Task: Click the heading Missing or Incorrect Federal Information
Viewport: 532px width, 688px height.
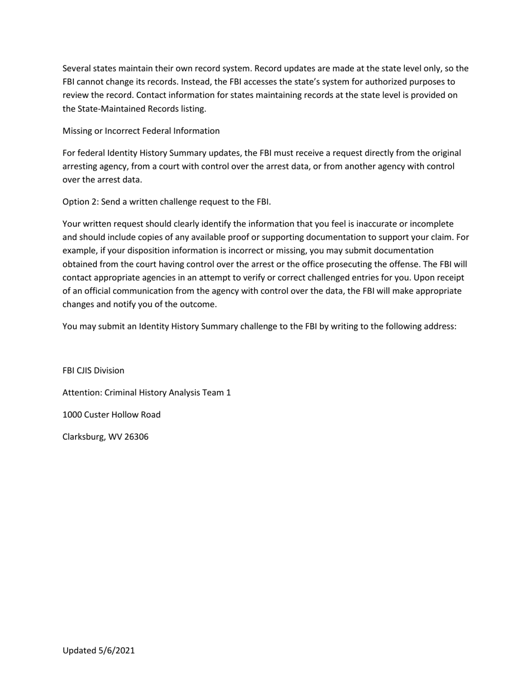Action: click(x=141, y=131)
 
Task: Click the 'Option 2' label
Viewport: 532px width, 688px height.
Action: click(x=80, y=202)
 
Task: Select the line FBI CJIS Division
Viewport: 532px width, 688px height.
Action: click(x=93, y=371)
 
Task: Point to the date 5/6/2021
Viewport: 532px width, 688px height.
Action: click(x=116, y=651)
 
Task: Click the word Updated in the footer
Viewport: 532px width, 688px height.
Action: click(x=79, y=651)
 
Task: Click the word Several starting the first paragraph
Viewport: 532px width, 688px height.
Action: click(x=77, y=69)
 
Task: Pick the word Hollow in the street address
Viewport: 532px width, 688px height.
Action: click(x=125, y=415)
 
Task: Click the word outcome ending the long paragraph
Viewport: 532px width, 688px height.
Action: click(x=198, y=305)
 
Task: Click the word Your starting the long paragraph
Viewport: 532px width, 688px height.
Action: click(x=72, y=224)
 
